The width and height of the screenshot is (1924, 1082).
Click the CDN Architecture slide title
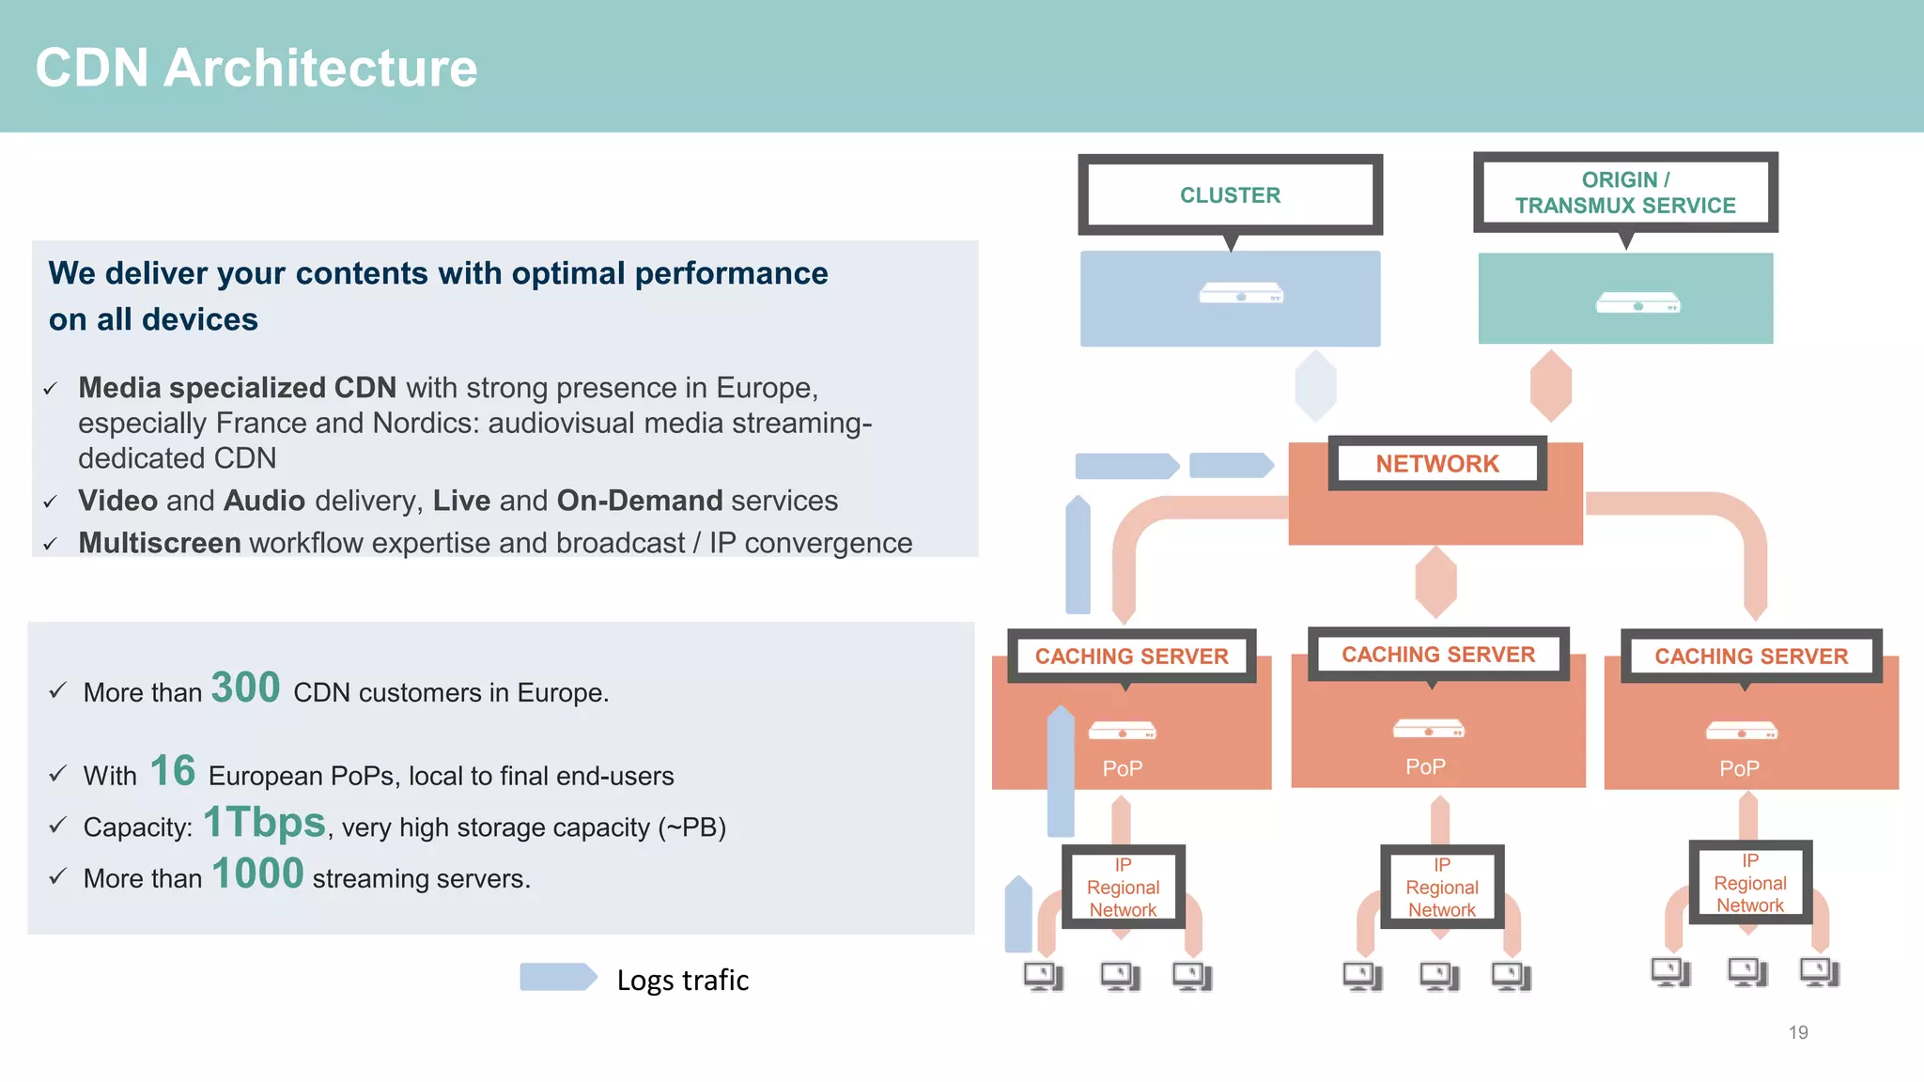tap(256, 68)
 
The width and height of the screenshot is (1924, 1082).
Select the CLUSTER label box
tap(1230, 194)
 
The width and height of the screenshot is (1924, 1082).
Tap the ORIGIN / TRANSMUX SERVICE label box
tap(1625, 193)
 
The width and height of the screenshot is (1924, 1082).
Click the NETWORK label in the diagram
tap(1436, 463)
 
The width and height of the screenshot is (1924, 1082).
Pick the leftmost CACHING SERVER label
tap(1131, 656)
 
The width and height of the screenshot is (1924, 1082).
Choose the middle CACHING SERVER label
tap(1437, 654)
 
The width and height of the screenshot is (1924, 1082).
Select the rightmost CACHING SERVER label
tap(1751, 656)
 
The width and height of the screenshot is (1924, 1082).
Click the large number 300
tap(245, 688)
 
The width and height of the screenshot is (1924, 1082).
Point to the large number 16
tap(173, 771)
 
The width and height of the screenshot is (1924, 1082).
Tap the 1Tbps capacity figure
tap(265, 822)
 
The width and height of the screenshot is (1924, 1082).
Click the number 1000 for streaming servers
tap(257, 873)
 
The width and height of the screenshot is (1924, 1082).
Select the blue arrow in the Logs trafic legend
tap(558, 977)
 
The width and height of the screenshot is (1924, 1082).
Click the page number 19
tap(1798, 1032)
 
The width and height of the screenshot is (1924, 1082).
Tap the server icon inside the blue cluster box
tap(1240, 293)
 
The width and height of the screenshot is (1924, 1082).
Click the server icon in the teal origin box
tap(1637, 302)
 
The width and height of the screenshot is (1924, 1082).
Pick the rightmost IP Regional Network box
tap(1749, 883)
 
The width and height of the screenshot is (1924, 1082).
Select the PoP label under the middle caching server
tap(1425, 766)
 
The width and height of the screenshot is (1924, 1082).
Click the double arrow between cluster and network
tap(1315, 385)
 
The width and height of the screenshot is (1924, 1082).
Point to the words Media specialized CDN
tap(237, 387)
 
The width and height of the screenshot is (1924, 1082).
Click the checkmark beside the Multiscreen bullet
tap(51, 544)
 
